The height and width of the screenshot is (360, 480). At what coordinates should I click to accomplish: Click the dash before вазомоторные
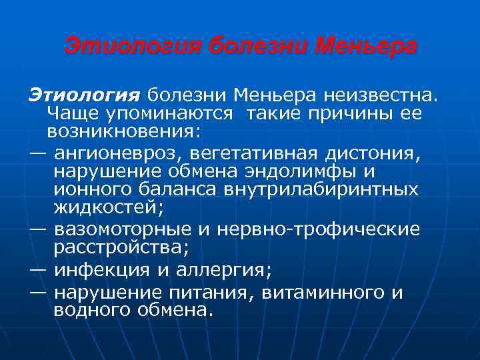coord(38,229)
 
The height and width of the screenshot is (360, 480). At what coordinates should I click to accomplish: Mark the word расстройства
coord(121,247)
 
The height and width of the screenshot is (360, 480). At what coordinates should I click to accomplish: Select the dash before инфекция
coord(38,271)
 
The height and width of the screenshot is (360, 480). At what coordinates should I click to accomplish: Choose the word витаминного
coord(323,293)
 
